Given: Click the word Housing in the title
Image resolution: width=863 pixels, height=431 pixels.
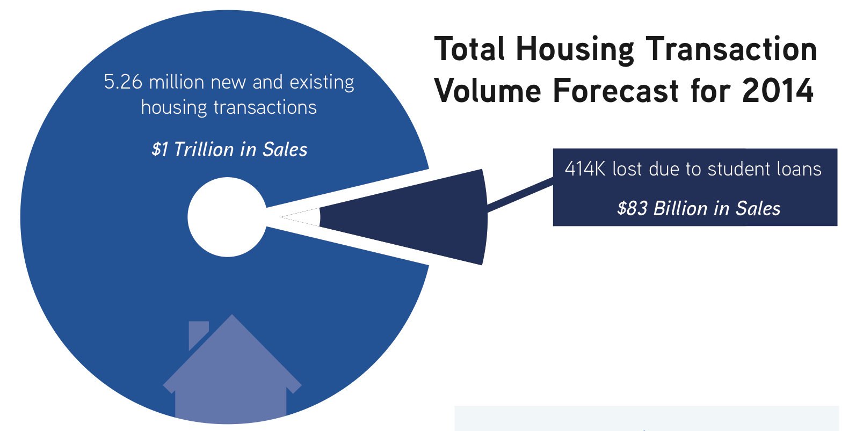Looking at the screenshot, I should [x=575, y=50].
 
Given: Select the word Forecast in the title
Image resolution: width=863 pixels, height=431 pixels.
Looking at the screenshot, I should [x=615, y=91].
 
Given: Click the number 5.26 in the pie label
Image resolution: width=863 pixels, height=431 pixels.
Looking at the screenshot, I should [x=123, y=82].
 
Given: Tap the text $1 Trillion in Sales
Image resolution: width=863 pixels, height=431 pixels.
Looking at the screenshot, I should [x=229, y=149].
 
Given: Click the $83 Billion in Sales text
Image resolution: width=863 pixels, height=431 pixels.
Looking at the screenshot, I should [x=698, y=208].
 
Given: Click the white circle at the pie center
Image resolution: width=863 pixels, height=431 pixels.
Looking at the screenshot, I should [x=227, y=217].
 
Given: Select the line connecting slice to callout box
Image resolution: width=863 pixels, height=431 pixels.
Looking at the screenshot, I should [x=520, y=195].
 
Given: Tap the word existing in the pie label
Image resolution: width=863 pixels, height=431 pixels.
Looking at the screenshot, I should [x=321, y=82].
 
